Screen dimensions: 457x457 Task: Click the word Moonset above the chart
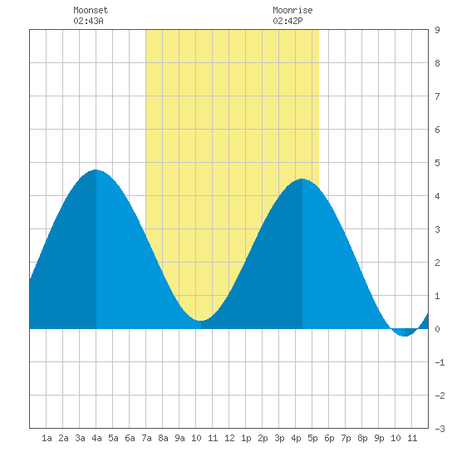pyautogui.click(x=91, y=10)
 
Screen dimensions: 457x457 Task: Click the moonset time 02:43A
pyautogui.click(x=88, y=21)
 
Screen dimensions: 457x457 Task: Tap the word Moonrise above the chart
pyautogui.click(x=292, y=10)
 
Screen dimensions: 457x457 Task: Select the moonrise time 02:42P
pyautogui.click(x=287, y=21)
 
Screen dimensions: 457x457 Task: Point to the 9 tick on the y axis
pyautogui.click(x=437, y=30)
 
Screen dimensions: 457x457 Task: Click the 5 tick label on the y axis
pyautogui.click(x=437, y=163)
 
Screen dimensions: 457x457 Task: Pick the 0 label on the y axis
pyautogui.click(x=437, y=329)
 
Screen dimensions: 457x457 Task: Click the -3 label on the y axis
pyautogui.click(x=440, y=429)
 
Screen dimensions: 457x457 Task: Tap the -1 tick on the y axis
pyautogui.click(x=440, y=362)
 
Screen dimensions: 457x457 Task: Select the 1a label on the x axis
pyautogui.click(x=47, y=438)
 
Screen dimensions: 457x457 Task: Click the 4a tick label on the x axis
pyautogui.click(x=96, y=438)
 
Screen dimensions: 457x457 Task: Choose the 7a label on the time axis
pyautogui.click(x=146, y=438)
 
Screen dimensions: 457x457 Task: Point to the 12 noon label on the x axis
pyautogui.click(x=229, y=438)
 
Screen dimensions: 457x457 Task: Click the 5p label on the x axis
pyautogui.click(x=312, y=438)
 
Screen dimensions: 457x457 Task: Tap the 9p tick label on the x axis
pyautogui.click(x=379, y=438)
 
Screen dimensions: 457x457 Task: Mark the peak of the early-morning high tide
pyautogui.click(x=96, y=170)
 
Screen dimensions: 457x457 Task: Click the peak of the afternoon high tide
pyautogui.click(x=302, y=179)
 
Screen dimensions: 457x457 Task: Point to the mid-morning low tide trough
pyautogui.click(x=201, y=321)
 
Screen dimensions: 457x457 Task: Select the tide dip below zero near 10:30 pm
pyautogui.click(x=405, y=336)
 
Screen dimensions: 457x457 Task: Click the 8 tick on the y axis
pyautogui.click(x=437, y=63)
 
